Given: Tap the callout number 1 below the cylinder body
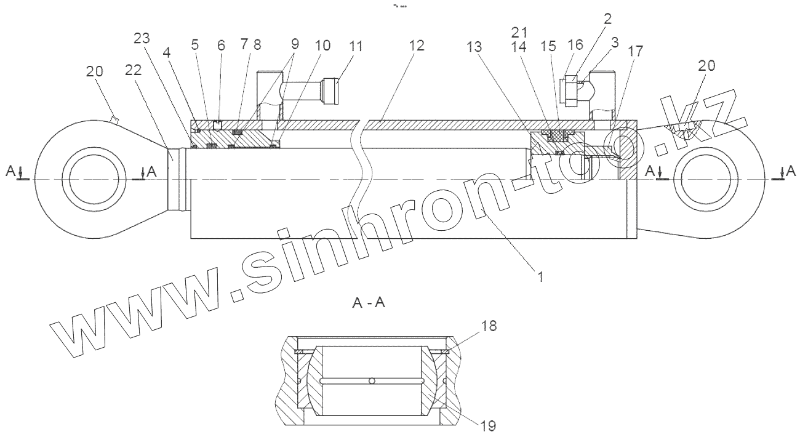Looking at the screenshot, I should pyautogui.click(x=540, y=278).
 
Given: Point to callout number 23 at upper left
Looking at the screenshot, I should pyautogui.click(x=142, y=38).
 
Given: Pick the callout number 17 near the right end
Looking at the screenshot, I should pyautogui.click(x=634, y=52).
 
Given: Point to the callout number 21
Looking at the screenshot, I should pyautogui.click(x=521, y=30).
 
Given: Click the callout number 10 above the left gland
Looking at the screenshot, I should pyautogui.click(x=323, y=46).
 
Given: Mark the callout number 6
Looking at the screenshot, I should pyautogui.click(x=221, y=46).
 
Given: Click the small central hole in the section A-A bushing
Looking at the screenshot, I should pyautogui.click(x=372, y=382).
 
